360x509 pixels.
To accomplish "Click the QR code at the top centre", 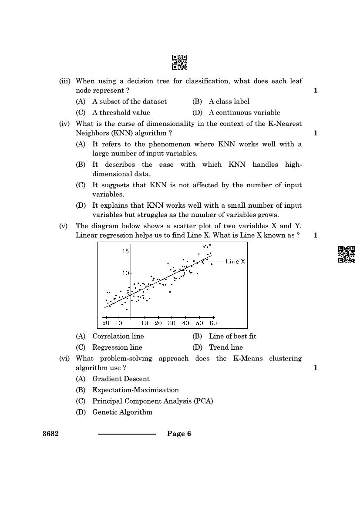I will coord(179,62).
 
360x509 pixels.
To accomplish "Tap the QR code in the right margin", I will coord(347,254).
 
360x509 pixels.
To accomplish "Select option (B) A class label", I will coord(229,101).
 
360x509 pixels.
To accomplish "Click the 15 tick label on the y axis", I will coord(125,251).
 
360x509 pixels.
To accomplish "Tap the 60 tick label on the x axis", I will coord(213,323).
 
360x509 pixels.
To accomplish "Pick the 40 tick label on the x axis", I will coord(185,323).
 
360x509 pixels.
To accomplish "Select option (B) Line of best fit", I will coord(232,336).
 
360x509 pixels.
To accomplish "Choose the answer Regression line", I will coord(117,347).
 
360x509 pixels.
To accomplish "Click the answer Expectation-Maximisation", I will coord(135,390).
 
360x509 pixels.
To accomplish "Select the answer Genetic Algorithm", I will coord(122,412).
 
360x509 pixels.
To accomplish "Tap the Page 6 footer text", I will coord(179,434).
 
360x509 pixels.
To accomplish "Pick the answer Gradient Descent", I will coord(121,379).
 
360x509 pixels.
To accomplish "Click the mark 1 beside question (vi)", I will coord(315,368).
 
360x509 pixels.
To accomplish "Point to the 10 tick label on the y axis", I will coord(125,273).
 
